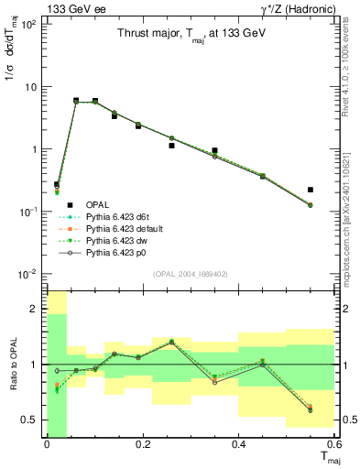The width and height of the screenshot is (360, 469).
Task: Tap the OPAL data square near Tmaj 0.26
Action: point(171,145)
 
